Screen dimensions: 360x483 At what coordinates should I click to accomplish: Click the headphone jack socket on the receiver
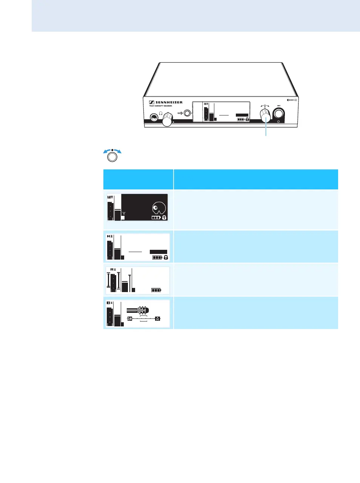[154, 118]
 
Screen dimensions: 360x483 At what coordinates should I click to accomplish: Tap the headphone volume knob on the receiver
[167, 122]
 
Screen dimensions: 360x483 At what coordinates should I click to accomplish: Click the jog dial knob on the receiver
[266, 115]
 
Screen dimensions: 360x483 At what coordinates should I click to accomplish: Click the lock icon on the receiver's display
[247, 119]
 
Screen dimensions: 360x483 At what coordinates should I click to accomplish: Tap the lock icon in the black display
[165, 218]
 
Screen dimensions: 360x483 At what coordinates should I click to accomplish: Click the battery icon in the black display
[156, 218]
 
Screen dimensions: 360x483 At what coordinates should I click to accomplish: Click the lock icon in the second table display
[166, 257]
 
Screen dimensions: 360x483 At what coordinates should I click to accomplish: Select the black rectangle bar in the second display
[158, 252]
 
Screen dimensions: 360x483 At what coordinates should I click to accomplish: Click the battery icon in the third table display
[156, 290]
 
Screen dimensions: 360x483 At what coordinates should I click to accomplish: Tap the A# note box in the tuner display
[130, 318]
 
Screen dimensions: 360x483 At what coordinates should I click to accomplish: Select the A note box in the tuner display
[158, 318]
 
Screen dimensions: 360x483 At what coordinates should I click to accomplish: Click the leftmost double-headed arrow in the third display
[109, 281]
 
